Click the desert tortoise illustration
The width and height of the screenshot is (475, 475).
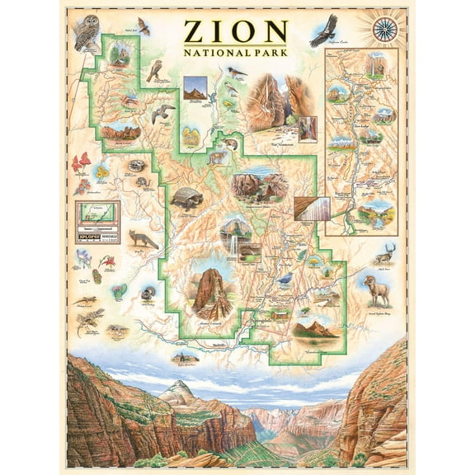(x=186, y=197)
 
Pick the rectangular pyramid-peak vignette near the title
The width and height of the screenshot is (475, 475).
(x=195, y=88)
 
